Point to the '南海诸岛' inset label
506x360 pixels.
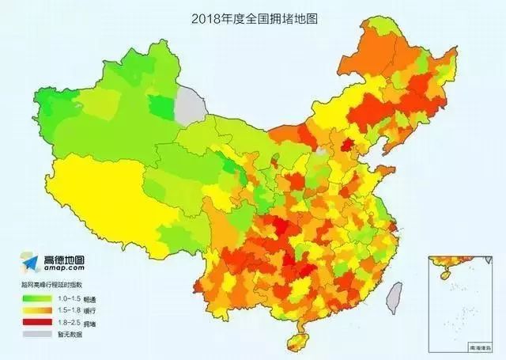(480, 346)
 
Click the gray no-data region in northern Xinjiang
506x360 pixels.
(189, 103)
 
